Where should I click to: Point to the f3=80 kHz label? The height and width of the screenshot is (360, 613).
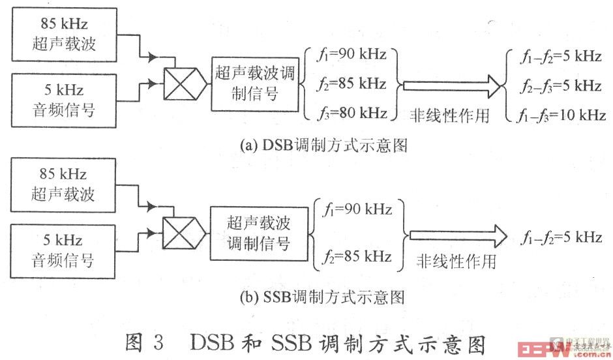click(353, 113)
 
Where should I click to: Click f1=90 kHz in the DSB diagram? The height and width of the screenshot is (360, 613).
click(353, 54)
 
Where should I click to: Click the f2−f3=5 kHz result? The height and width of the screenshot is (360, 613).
click(560, 85)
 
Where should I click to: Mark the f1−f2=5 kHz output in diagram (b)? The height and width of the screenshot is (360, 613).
click(560, 237)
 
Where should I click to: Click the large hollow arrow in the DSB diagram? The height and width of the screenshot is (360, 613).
click(451, 85)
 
